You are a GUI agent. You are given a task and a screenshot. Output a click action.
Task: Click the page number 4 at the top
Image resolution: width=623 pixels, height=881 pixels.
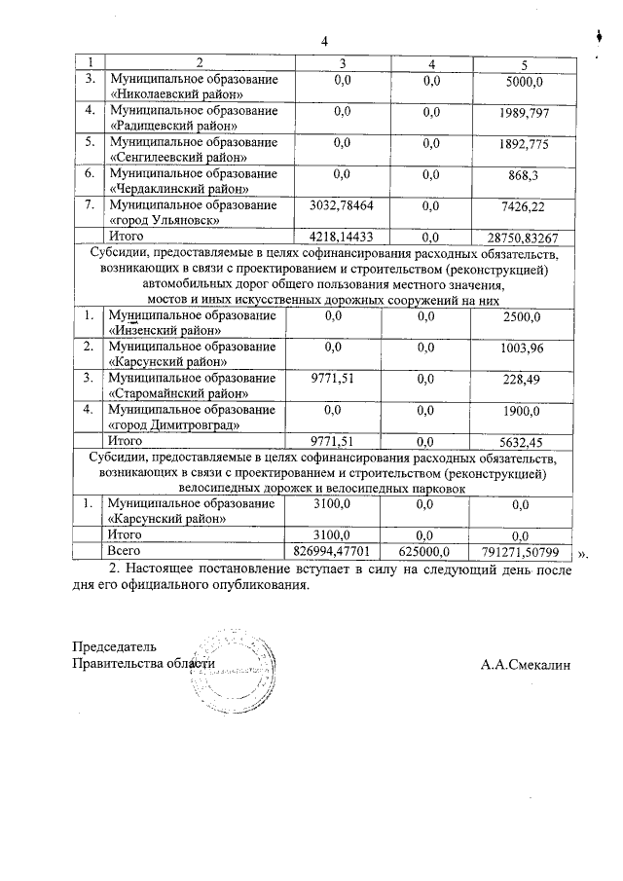[326, 41]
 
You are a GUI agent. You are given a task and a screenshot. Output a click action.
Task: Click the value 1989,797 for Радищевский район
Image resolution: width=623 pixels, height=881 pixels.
[530, 114]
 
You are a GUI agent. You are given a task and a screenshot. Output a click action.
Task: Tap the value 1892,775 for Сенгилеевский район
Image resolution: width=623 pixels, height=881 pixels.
[530, 145]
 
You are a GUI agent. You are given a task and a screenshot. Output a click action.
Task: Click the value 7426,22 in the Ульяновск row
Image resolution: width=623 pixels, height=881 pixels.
[530, 207]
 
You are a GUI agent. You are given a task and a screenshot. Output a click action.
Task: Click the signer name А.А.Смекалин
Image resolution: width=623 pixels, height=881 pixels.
[526, 665]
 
